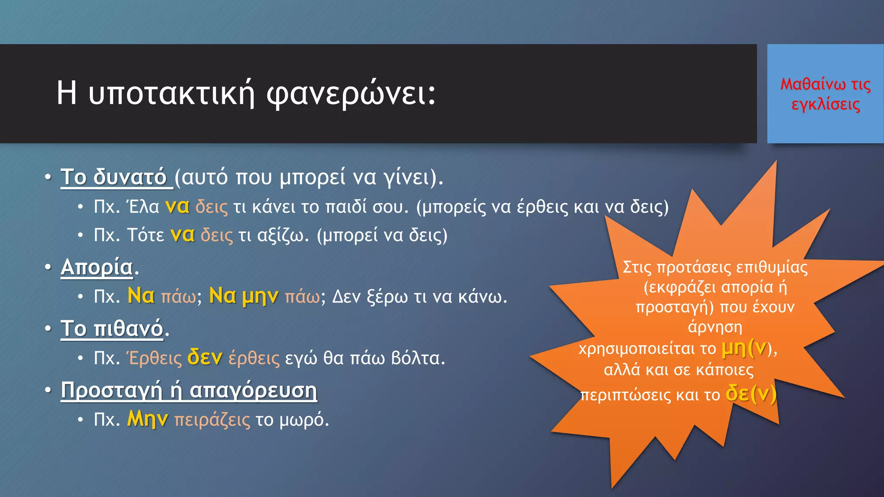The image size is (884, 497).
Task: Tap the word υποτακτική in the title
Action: tap(172, 94)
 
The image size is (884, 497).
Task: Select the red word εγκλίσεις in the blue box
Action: tap(825, 105)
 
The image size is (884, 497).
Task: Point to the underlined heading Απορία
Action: tap(97, 267)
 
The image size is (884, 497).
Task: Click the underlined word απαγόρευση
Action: tap(253, 390)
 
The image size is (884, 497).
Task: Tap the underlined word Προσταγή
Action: tap(111, 390)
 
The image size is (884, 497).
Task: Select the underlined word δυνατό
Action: tap(130, 177)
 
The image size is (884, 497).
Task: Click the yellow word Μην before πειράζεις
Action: tap(147, 419)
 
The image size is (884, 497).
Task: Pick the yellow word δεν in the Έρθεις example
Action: tap(205, 358)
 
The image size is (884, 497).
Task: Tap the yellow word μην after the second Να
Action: tap(260, 296)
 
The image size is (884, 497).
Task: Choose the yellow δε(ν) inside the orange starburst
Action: tap(751, 393)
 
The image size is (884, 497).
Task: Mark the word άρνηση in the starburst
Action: tap(715, 327)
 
